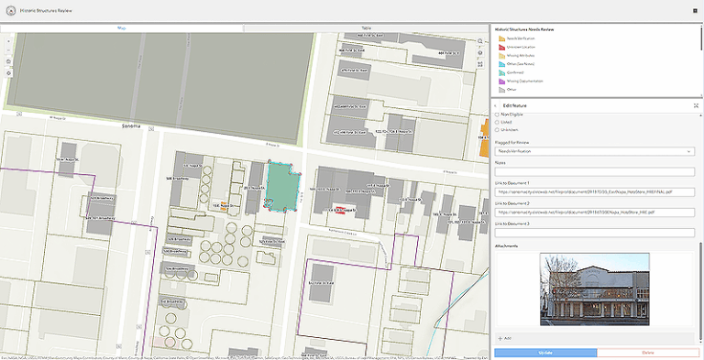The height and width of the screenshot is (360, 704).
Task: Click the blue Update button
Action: [x=550, y=352]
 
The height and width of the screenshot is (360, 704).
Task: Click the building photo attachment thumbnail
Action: [x=595, y=289]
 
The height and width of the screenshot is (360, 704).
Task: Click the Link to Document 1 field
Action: [x=594, y=191]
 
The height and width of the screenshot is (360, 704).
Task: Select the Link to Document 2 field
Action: [x=594, y=212]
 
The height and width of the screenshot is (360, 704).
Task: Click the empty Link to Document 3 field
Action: [x=594, y=233]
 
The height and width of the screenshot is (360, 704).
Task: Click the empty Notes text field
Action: [x=594, y=171]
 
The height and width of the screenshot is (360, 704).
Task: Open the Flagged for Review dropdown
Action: [x=594, y=151]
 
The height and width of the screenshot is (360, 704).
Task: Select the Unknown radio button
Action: [x=498, y=129]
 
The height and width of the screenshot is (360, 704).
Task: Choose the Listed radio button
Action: [x=498, y=122]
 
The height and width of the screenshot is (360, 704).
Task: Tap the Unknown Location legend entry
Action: [x=521, y=47]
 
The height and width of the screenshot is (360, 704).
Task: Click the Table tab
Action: [x=366, y=28]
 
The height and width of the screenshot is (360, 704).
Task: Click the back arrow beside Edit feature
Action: [x=497, y=105]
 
